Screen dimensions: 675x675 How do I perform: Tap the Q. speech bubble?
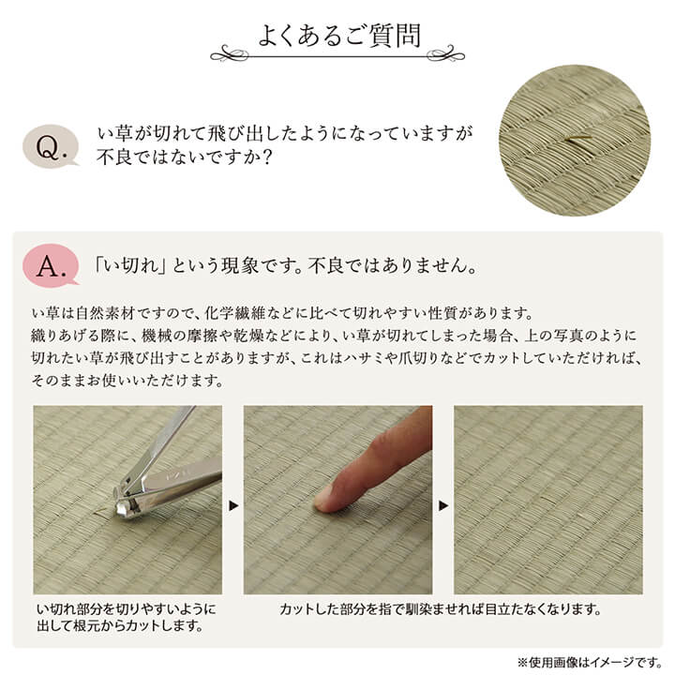(51, 146)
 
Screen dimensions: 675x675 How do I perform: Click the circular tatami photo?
(574, 140)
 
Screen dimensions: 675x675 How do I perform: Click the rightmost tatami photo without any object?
(548, 500)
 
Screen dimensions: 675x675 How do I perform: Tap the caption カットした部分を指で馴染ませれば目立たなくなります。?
(441, 609)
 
